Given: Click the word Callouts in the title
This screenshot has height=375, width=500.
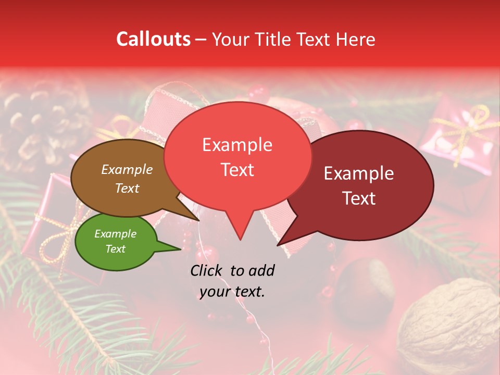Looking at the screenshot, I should [x=153, y=39].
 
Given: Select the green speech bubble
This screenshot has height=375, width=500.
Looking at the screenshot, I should [x=116, y=242].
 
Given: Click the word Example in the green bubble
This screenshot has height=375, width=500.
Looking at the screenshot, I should [x=116, y=234].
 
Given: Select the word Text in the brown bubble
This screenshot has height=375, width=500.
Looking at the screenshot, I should [x=127, y=189].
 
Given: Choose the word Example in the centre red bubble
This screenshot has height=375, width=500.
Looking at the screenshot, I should [x=237, y=145].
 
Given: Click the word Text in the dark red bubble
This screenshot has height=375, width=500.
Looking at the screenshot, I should [x=359, y=198].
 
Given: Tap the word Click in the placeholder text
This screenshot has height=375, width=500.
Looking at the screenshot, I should [x=208, y=270].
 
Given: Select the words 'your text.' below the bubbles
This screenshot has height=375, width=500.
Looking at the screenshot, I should [x=232, y=292].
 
